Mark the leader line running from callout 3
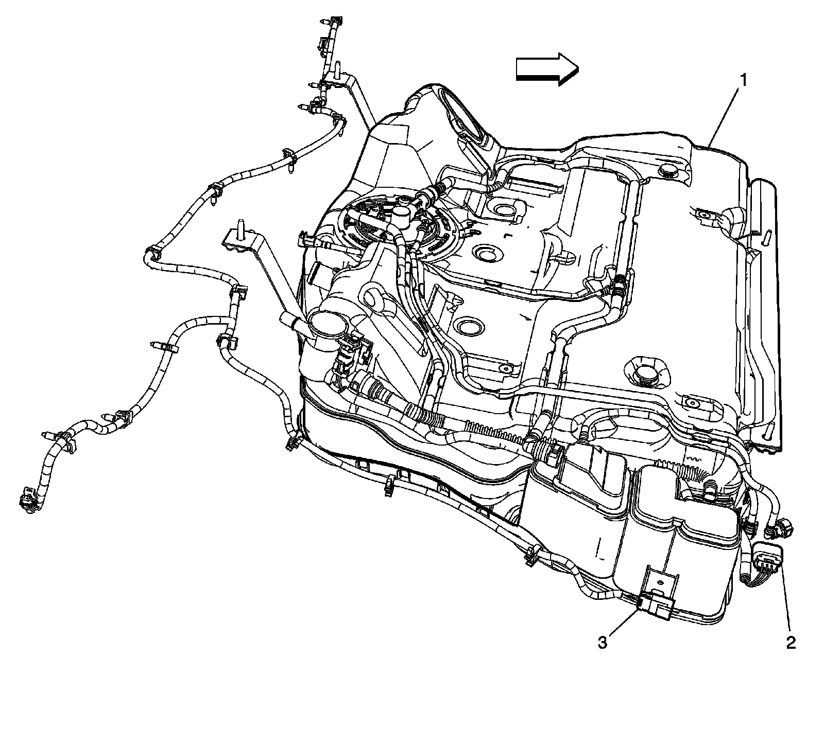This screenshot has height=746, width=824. pyautogui.click(x=623, y=622)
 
